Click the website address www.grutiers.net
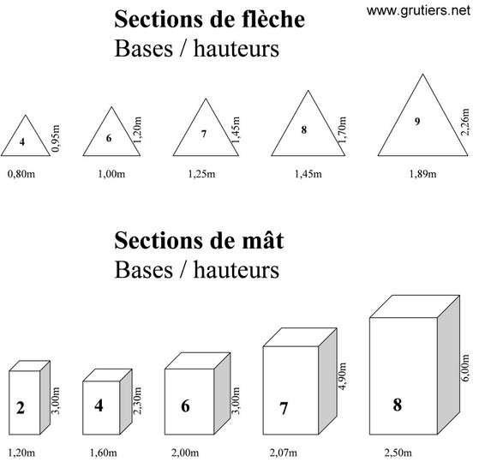pyautogui.click(x=418, y=11)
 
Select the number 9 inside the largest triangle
pyautogui.click(x=417, y=122)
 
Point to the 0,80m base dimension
pyautogui.click(x=21, y=174)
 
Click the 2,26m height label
pyautogui.click(x=465, y=122)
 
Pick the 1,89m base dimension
pyautogui.click(x=422, y=174)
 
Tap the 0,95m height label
pyautogui.click(x=56, y=138)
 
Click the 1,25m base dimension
pyautogui.click(x=201, y=174)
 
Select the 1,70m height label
pyautogui.click(x=342, y=130)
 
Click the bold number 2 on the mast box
pyautogui.click(x=21, y=408)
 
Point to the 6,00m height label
pyautogui.click(x=465, y=368)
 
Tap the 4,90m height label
pyautogui.click(x=342, y=376)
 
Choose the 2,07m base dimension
pyautogui.click(x=284, y=453)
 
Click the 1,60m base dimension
pyautogui.click(x=104, y=453)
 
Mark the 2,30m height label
pyautogui.click(x=137, y=400)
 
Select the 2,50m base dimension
pyautogui.click(x=398, y=453)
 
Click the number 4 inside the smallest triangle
pyautogui.click(x=22, y=141)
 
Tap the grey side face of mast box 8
pyautogui.click(x=448, y=365)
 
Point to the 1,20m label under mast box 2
pyautogui.click(x=21, y=453)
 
